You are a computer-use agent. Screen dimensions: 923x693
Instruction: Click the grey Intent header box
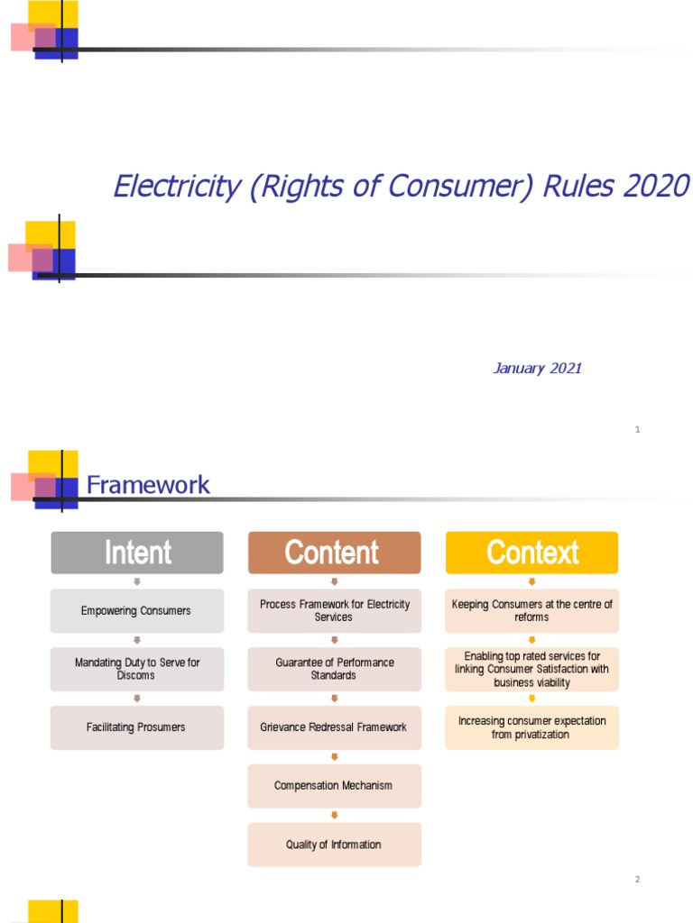(137, 553)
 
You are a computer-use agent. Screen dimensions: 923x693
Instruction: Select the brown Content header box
(334, 553)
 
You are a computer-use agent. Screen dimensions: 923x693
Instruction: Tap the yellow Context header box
(531, 553)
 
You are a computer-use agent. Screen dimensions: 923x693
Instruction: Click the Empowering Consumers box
(136, 611)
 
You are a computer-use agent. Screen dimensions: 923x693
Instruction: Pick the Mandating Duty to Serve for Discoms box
(136, 669)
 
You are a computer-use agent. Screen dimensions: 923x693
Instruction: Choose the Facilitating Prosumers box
(136, 727)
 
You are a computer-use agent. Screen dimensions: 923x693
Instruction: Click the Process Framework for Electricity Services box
(334, 611)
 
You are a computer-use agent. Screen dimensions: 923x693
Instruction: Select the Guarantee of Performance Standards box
(334, 669)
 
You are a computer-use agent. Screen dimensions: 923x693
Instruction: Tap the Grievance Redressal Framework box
(334, 727)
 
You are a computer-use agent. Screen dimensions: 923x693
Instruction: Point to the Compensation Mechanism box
(334, 786)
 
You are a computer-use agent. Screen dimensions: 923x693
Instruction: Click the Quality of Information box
(334, 845)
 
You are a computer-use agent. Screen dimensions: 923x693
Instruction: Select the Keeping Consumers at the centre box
(531, 611)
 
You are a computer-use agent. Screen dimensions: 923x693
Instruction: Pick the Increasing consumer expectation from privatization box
(531, 727)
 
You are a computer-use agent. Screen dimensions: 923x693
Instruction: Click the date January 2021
(537, 368)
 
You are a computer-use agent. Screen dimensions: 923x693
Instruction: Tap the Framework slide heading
(148, 485)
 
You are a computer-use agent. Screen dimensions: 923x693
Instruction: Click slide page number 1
(637, 430)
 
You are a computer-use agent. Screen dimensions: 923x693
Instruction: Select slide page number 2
(637, 880)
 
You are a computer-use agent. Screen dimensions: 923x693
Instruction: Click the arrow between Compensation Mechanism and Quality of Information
(334, 815)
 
